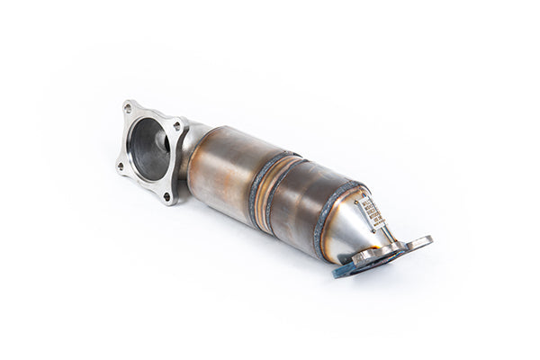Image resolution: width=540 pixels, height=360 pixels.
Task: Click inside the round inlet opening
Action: (x=148, y=148)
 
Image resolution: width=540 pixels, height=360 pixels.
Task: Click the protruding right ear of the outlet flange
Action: (x=418, y=242)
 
